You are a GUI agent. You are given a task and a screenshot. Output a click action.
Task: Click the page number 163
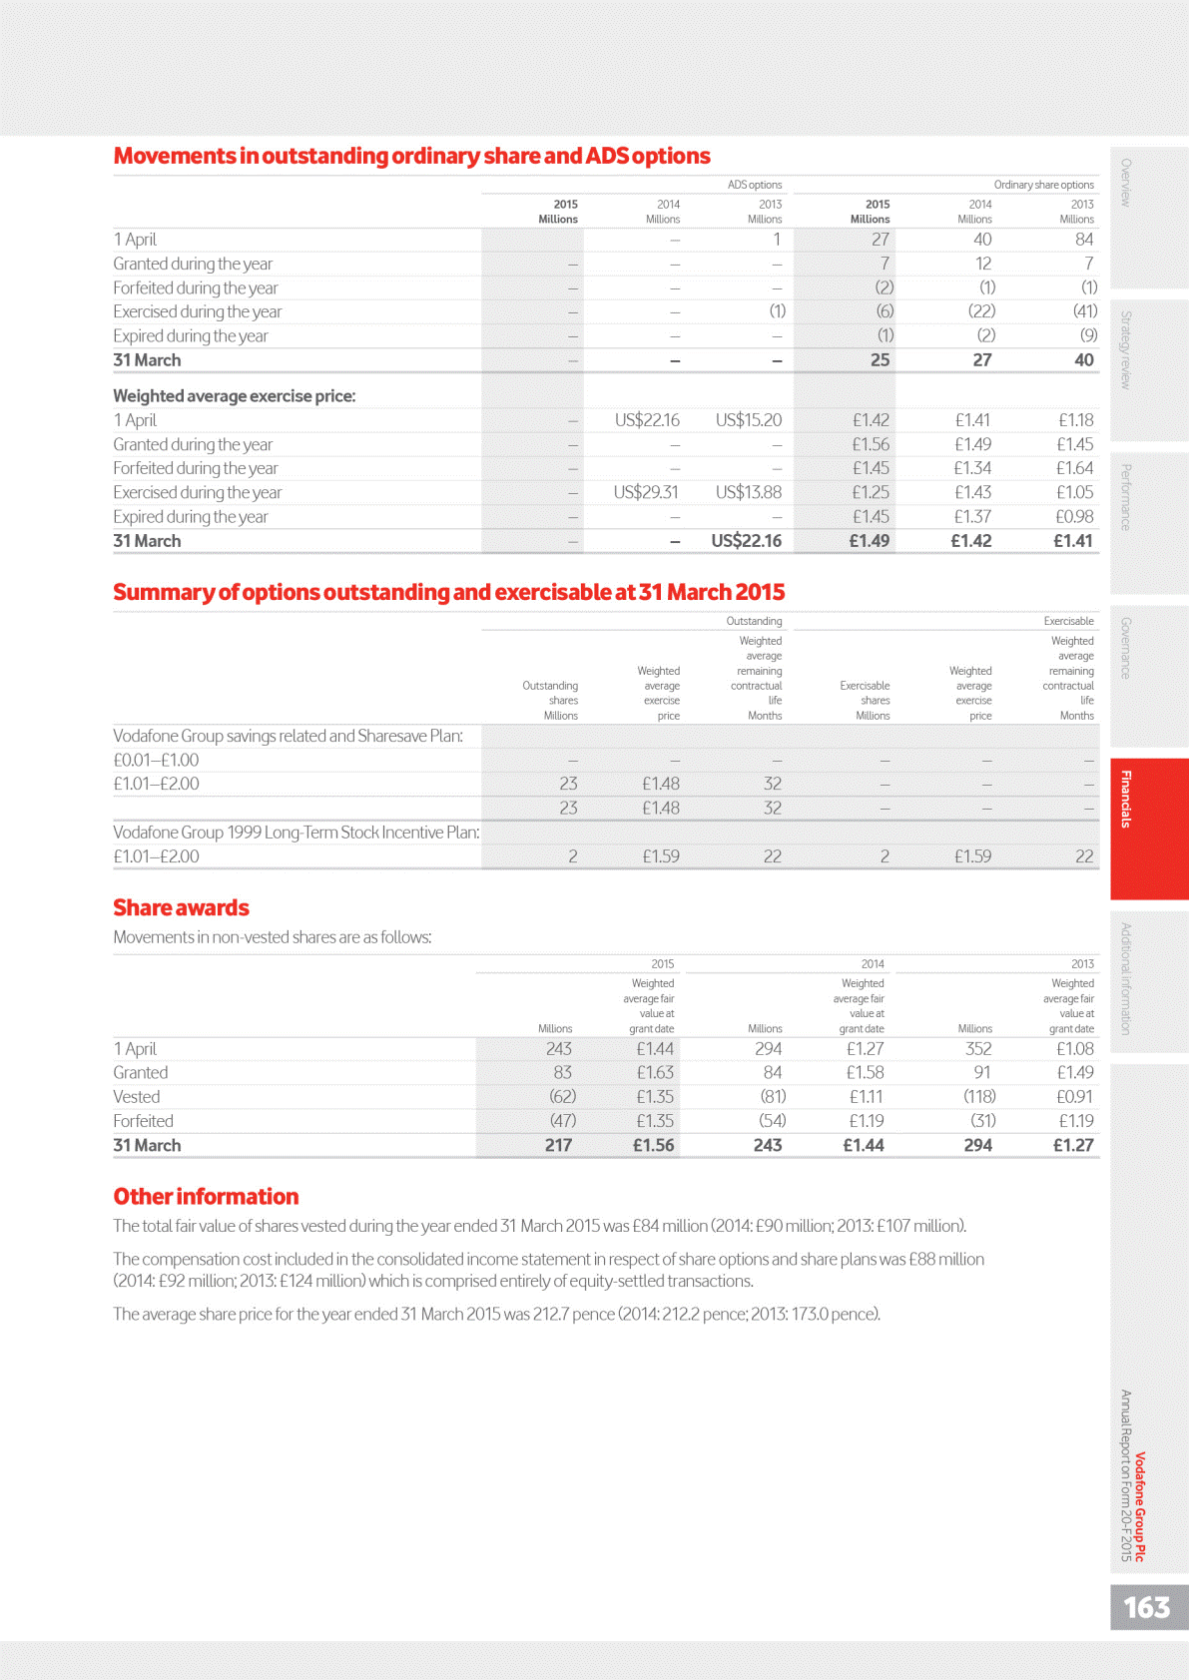click(x=1146, y=1607)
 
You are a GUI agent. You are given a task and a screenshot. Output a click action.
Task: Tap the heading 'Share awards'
click(x=181, y=907)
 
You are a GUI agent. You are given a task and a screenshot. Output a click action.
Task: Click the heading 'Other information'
click(x=206, y=1196)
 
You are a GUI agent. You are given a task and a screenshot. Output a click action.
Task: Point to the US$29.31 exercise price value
click(x=646, y=492)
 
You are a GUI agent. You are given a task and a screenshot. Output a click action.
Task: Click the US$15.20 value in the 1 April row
click(x=748, y=420)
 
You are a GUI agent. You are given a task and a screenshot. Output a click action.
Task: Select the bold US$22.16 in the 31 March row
click(x=746, y=541)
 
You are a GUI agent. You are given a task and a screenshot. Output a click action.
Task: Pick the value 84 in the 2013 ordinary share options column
click(x=1083, y=240)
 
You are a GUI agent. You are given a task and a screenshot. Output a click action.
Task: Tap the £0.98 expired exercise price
click(x=1074, y=517)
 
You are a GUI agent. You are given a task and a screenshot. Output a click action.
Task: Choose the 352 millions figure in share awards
click(x=977, y=1049)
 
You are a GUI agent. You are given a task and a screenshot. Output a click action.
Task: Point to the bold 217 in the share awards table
click(x=558, y=1146)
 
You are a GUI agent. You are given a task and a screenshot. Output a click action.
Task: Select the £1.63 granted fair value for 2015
click(x=655, y=1073)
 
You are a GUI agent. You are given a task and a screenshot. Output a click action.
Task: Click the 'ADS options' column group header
click(x=754, y=185)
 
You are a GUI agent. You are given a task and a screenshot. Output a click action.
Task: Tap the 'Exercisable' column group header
click(x=1068, y=621)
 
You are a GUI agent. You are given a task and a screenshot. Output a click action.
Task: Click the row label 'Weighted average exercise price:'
click(x=235, y=396)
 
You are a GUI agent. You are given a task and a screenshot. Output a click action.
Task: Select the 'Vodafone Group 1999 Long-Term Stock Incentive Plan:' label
click(x=297, y=833)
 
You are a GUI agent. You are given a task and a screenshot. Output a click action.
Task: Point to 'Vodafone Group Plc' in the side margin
click(x=1140, y=1506)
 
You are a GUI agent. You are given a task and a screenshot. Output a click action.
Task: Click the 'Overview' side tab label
click(x=1126, y=183)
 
